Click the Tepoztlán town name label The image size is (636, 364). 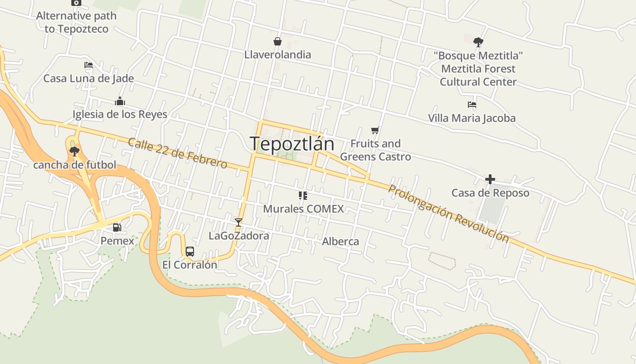click(292, 144)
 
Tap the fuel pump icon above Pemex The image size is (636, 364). click(117, 227)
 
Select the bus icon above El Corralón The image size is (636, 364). click(190, 251)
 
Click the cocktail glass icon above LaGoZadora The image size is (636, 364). click(238, 222)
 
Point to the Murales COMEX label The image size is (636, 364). click(303, 209)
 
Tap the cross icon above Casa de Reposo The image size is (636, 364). click(490, 179)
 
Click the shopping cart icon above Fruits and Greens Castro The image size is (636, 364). click(375, 131)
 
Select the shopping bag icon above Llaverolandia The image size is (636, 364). click(278, 42)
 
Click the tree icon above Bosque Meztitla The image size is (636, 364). click(478, 42)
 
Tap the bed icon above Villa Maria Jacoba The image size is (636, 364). click(472, 105)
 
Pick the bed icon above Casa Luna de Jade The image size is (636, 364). click(89, 65)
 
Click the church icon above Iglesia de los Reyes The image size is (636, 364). click(120, 101)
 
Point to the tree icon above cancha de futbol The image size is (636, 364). click(75, 151)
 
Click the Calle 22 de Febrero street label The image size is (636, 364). click(178, 153)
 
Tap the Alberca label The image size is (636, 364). click(340, 242)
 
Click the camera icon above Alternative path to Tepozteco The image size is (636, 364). click(76, 3)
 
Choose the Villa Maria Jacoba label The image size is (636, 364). click(472, 118)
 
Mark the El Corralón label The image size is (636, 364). click(190, 265)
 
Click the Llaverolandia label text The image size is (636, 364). click(278, 55)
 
